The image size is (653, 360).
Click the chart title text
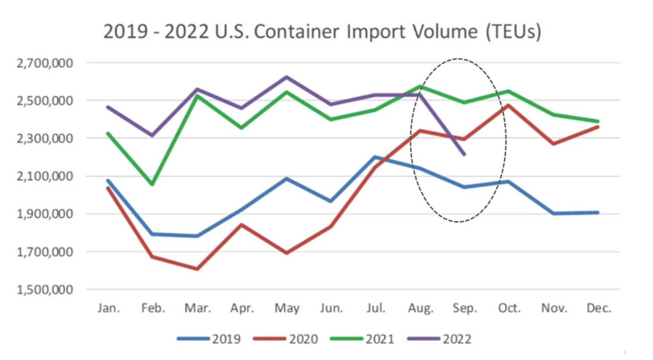pos(322,32)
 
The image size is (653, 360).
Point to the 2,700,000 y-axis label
pos(45,63)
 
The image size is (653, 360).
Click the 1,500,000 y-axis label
pos(45,289)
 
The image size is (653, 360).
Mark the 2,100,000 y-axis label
pos(45,176)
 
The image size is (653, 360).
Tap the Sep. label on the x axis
pos(465,308)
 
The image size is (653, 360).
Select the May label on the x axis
pos(287,308)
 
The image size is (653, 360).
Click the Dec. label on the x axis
pos(599,308)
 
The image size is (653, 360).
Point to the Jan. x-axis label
pos(109,308)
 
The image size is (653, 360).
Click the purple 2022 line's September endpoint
pos(464,154)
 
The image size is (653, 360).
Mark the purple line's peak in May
pos(286,77)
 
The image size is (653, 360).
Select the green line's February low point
pos(153,184)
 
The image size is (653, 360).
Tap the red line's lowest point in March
pos(197,269)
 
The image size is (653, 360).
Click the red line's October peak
pos(509,105)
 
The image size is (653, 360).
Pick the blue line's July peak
pos(375,157)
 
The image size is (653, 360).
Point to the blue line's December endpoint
pos(598,212)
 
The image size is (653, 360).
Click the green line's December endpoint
pos(598,121)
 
